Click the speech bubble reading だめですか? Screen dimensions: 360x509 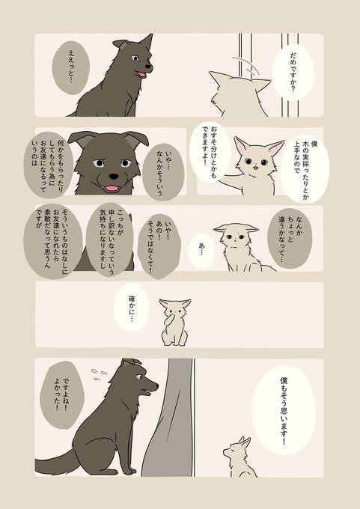click(x=293, y=72)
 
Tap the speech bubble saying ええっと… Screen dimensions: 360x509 click(x=71, y=67)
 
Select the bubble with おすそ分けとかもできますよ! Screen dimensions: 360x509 click(x=210, y=152)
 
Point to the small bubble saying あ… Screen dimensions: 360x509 click(x=201, y=251)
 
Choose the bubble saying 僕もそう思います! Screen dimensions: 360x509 click(x=284, y=409)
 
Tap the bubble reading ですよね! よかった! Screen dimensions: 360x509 click(x=61, y=394)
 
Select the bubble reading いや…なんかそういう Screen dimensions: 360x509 click(x=163, y=172)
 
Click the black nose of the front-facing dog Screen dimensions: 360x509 click(x=114, y=176)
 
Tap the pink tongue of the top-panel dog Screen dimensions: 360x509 click(x=142, y=74)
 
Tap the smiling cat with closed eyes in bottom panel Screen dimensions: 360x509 click(x=240, y=457)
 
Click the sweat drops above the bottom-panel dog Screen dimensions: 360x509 click(x=99, y=374)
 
